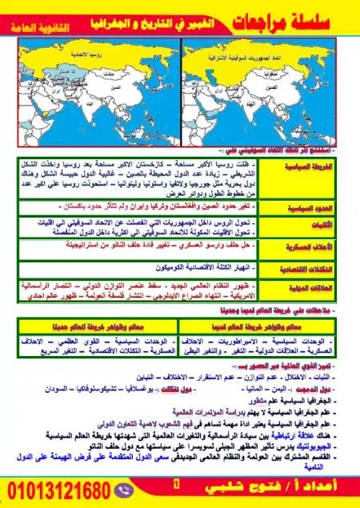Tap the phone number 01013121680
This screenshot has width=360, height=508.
[61, 489]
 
